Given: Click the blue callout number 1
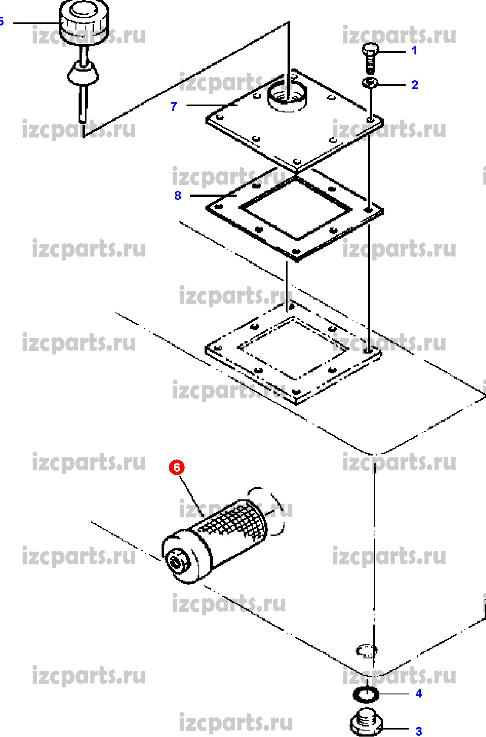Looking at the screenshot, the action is [414, 51].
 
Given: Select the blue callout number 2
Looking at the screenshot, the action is [415, 85].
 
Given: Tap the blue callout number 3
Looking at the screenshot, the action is [418, 731].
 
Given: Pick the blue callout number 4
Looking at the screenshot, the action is [418, 693].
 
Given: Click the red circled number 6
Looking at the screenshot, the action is [176, 467].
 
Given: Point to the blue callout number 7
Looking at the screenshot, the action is [174, 106].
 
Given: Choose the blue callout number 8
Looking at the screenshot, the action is [177, 195].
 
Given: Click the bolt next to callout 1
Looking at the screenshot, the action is [370, 58].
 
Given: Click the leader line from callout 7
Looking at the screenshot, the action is [212, 105].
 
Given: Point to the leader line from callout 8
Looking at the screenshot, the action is [213, 195].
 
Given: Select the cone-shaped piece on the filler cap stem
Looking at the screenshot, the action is [83, 72].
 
